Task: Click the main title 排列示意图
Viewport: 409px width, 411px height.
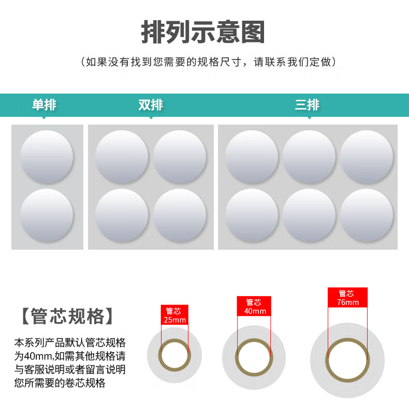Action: (x=202, y=32)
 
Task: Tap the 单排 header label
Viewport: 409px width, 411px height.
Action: (x=44, y=105)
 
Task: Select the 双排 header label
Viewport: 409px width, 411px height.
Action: (x=151, y=105)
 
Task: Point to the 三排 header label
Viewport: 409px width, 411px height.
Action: (x=307, y=105)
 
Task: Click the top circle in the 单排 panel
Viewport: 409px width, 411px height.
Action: (x=47, y=157)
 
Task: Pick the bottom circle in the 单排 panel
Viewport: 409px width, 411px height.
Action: (x=47, y=215)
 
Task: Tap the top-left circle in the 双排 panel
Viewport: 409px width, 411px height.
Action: (x=122, y=157)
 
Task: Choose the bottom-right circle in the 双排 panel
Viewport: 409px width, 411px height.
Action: (x=180, y=215)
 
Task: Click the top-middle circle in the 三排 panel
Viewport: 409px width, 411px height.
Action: (x=309, y=157)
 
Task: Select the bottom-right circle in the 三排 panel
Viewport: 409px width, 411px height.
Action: (x=367, y=215)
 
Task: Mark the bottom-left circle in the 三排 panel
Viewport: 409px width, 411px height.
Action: (x=252, y=215)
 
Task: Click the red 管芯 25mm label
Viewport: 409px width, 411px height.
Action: (x=174, y=315)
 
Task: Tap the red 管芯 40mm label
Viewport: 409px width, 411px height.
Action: (x=254, y=306)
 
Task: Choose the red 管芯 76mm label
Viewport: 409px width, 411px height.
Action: (x=347, y=297)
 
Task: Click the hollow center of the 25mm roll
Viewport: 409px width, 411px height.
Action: (x=174, y=355)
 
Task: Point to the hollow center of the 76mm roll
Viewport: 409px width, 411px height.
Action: (x=347, y=360)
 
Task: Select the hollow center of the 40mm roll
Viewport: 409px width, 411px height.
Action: (x=254, y=358)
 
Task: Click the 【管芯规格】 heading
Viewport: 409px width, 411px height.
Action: (x=67, y=316)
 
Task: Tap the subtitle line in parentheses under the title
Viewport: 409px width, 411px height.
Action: (x=208, y=62)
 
